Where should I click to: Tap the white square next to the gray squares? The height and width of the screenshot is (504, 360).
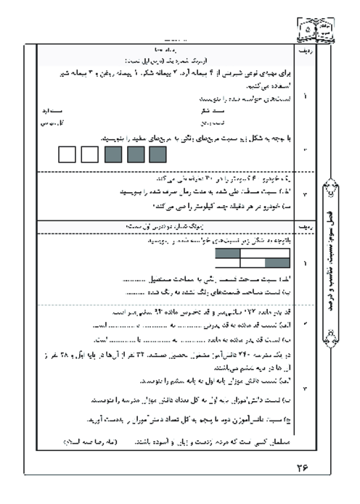[89, 154]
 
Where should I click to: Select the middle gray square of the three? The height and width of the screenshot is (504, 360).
[135, 154]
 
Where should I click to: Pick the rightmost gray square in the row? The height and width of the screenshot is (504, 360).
[157, 154]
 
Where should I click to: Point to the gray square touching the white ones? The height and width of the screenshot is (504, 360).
[112, 154]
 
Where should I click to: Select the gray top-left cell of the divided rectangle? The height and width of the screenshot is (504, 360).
[227, 253]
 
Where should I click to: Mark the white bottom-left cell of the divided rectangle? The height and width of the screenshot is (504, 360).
[239, 263]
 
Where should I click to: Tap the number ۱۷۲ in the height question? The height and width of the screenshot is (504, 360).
[237, 313]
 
